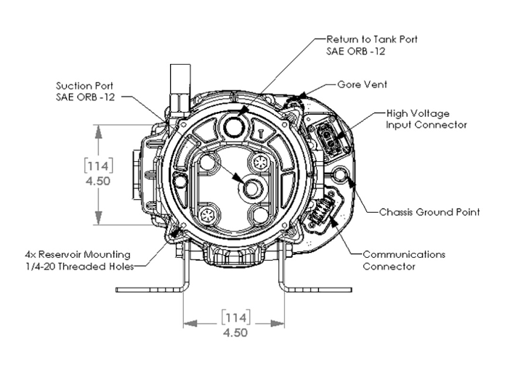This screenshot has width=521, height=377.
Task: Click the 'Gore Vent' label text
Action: click(x=365, y=84)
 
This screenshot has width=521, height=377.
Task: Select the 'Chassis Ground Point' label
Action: click(x=429, y=213)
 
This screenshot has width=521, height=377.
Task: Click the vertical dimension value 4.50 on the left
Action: click(x=97, y=181)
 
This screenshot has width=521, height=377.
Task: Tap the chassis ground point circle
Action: click(x=341, y=174)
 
